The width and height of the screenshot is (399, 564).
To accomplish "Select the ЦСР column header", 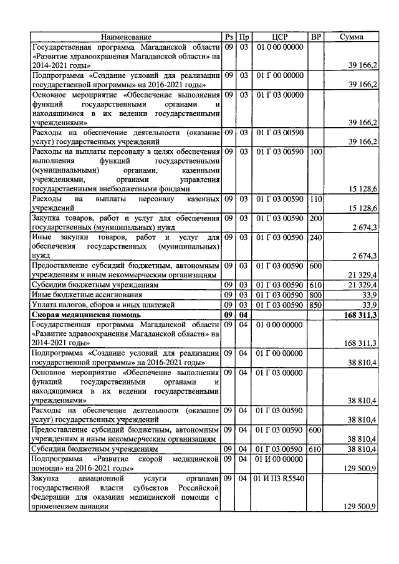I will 281,37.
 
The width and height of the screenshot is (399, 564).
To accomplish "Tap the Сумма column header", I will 352,37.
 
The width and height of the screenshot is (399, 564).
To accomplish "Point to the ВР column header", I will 316,37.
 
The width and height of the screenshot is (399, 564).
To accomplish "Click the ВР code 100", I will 316,151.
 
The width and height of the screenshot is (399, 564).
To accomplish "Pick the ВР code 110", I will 316,199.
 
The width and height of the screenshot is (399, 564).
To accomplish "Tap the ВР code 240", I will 316,237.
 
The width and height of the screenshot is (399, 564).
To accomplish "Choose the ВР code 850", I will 316,305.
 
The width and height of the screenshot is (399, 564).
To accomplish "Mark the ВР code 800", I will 316,295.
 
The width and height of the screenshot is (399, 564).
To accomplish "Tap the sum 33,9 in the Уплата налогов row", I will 368,305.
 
